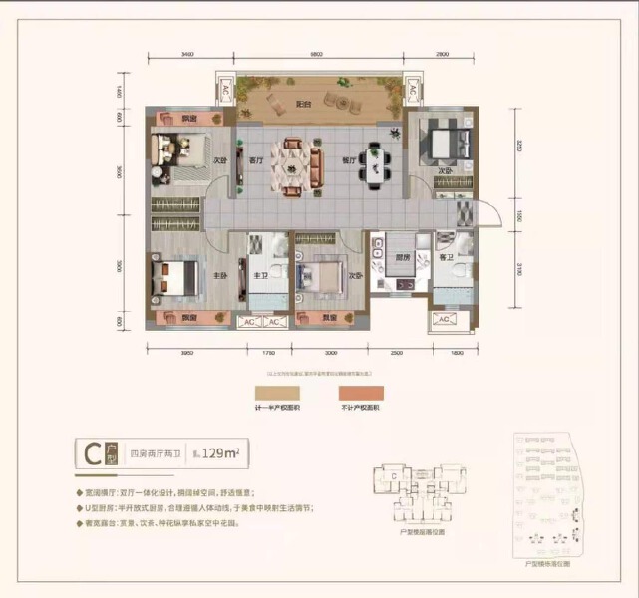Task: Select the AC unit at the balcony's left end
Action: pos(225,91)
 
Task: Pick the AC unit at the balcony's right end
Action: pos(409,91)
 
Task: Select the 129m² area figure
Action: pos(225,455)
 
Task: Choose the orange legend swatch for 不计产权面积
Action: pos(361,393)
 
